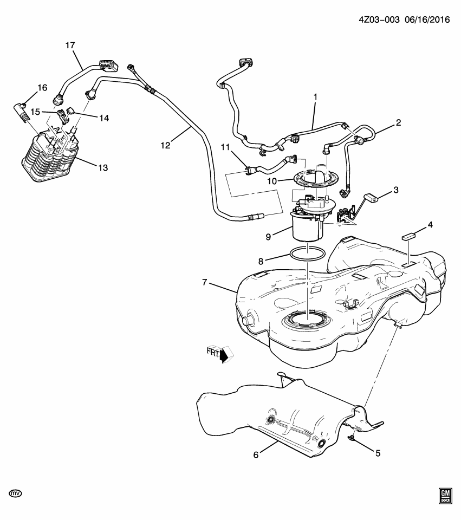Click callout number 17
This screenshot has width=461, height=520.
[70, 45]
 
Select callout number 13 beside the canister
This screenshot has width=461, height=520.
[102, 168]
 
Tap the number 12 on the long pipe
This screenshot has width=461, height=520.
[165, 145]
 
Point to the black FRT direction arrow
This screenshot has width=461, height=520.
[222, 355]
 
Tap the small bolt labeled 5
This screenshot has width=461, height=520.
[352, 437]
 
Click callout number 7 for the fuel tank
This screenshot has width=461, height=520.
[205, 282]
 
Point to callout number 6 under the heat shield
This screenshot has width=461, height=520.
[256, 455]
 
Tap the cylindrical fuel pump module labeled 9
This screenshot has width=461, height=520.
[306, 227]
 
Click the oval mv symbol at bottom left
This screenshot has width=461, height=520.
[16, 493]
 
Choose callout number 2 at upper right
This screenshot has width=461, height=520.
[398, 122]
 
